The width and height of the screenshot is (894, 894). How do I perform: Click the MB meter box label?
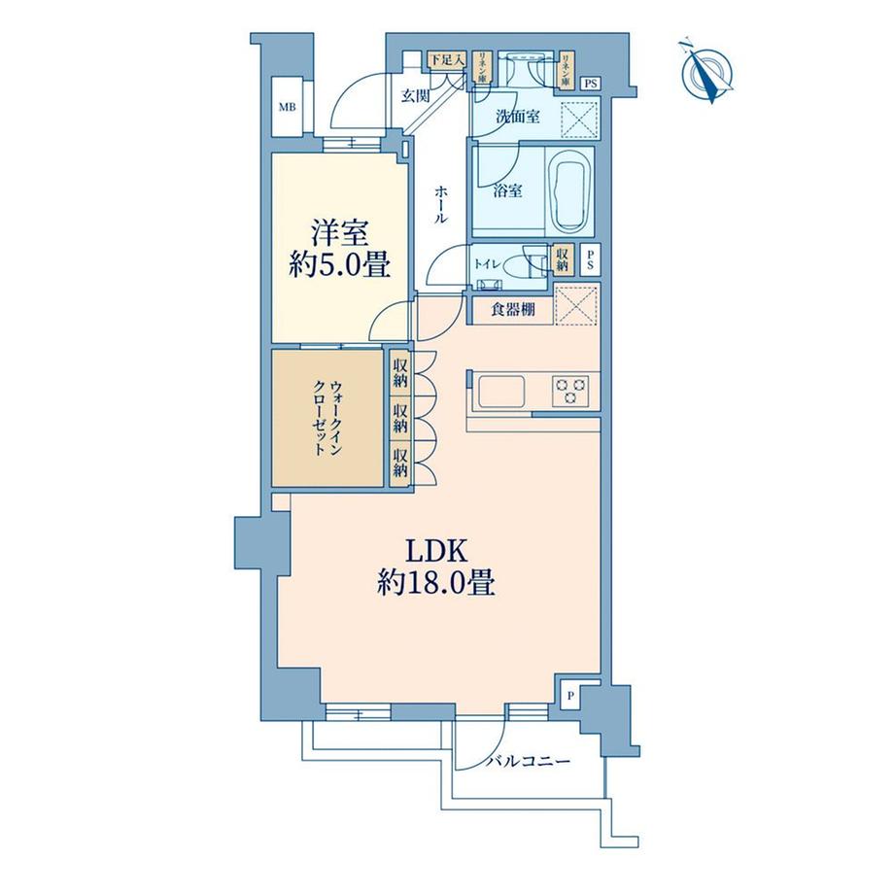pos(288,107)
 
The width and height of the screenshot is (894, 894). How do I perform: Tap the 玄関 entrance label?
pos(415,94)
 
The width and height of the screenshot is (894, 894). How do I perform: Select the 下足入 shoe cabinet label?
pos(448,60)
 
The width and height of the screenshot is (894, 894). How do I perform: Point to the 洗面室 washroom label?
pos(517,117)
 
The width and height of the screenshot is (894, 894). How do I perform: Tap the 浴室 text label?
pos(508,191)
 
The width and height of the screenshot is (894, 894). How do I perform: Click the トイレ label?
pos(488,261)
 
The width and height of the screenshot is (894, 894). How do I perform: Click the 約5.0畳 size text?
pos(337,265)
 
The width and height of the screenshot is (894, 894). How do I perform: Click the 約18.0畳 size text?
pos(434,583)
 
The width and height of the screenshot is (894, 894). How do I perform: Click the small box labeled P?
pos(571,695)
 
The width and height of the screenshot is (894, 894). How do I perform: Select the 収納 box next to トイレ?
pos(562,258)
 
